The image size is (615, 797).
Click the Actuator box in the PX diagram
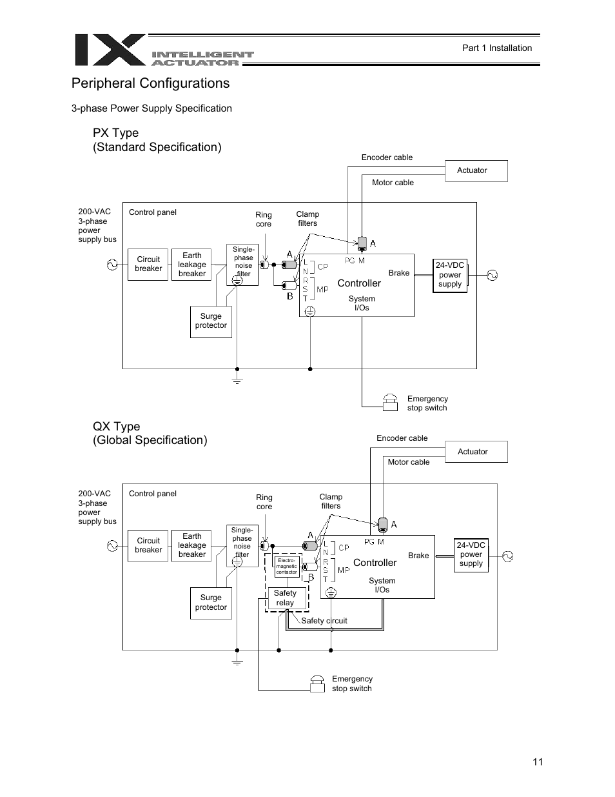coord(476,171)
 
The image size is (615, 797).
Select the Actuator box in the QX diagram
coord(476,452)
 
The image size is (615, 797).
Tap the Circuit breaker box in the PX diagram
coord(148,265)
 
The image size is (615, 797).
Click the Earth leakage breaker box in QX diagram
coord(191,545)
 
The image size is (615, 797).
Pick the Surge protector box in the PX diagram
coord(211,321)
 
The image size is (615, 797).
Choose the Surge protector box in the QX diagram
coord(211,603)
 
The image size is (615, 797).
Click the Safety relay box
coord(286,598)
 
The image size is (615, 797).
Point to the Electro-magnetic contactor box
coord(287,567)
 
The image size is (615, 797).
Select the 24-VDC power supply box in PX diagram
coord(450,275)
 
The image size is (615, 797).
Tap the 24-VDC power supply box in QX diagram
coord(471,555)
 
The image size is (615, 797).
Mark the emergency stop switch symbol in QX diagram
coord(317,684)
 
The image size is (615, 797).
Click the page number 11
coord(538,762)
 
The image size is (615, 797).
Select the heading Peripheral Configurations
coord(151,83)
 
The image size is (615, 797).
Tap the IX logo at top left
coord(110,50)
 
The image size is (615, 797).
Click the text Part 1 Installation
coord(496,48)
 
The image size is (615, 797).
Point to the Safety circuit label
coord(324,621)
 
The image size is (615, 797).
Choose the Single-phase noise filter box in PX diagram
coord(243,265)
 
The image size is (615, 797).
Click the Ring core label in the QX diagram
coord(264,502)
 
